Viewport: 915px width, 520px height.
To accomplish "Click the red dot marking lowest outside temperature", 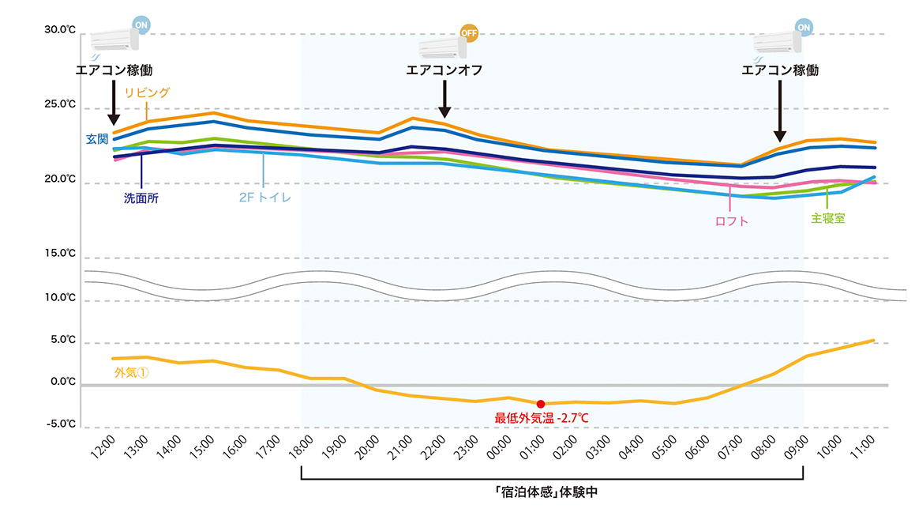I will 540,404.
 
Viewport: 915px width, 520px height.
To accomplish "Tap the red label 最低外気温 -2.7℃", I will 542,417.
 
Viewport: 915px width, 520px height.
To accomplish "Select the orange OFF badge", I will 469,34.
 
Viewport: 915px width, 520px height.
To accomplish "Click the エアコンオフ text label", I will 444,70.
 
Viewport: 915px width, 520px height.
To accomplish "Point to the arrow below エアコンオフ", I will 444,101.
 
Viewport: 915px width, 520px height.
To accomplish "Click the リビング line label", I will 147,93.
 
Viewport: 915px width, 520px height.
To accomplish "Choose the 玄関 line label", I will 97,139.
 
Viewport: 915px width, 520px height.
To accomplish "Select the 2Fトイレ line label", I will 265,198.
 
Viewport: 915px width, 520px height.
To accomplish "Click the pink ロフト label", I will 731,221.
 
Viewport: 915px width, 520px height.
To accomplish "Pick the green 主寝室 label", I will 828,217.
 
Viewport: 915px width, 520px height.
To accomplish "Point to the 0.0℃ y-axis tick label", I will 62,382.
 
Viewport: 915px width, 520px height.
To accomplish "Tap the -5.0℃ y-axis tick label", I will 61,424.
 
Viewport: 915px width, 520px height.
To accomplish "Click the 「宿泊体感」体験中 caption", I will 552,491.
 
